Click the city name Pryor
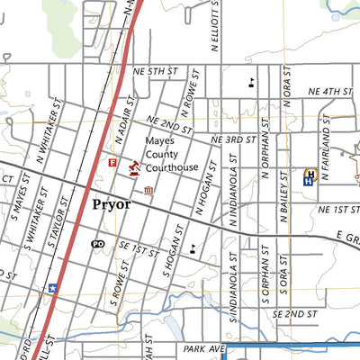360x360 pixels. point(111,204)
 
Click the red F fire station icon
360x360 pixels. point(112,163)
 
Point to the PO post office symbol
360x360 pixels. point(98,243)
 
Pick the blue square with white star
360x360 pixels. point(53,289)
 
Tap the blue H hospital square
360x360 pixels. point(309,177)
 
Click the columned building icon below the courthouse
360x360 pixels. point(148,191)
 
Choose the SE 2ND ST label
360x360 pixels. point(294,314)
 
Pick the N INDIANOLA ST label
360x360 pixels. point(232,193)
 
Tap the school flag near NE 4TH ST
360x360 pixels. point(251,83)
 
